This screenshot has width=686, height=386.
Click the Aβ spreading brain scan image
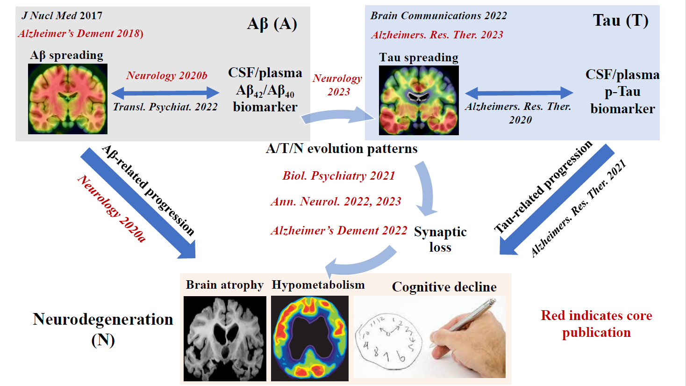pyautogui.click(x=68, y=99)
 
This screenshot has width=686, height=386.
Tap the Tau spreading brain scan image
pyautogui.click(x=419, y=100)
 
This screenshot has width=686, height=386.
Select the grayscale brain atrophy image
pyautogui.click(x=225, y=338)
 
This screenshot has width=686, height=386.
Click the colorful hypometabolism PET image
pyautogui.click(x=310, y=338)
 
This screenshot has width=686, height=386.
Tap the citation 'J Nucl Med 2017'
pyautogui.click(x=62, y=15)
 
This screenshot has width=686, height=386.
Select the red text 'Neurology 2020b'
pyautogui.click(x=167, y=75)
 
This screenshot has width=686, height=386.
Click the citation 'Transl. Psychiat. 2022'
pyautogui.click(x=165, y=107)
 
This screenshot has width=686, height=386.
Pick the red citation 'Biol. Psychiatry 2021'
pyautogui.click(x=339, y=175)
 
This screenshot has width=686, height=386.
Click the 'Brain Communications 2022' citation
pyautogui.click(x=438, y=15)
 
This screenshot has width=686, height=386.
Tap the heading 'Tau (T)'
pyautogui.click(x=620, y=20)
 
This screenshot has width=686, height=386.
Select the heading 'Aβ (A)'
pyautogui.click(x=272, y=23)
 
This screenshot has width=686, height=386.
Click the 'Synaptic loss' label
pyautogui.click(x=440, y=239)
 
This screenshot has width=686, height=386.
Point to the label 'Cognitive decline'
pyautogui.click(x=444, y=286)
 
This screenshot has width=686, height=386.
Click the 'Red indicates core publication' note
pyautogui.click(x=596, y=324)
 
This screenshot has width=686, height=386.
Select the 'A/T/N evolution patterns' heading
pyautogui.click(x=342, y=148)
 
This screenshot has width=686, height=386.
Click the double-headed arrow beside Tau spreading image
pyautogui.click(x=519, y=92)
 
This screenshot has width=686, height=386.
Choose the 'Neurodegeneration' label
pyautogui.click(x=103, y=319)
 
